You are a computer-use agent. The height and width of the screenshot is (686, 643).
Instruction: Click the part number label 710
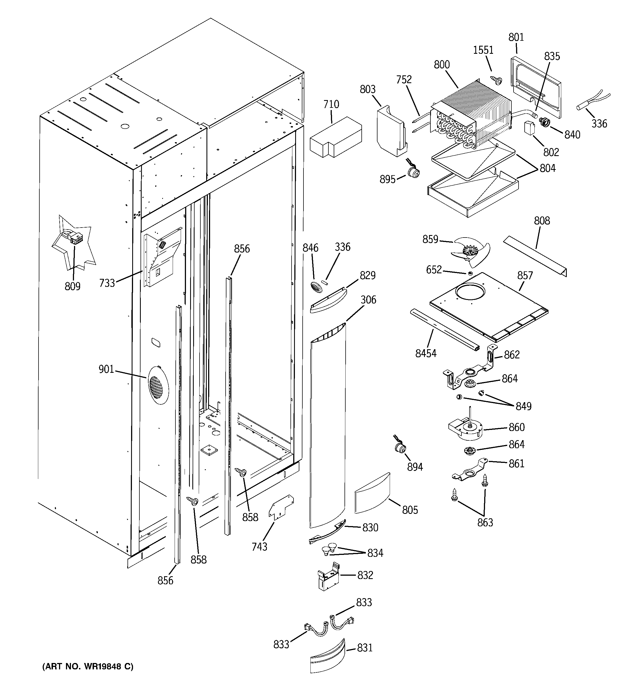tap(331, 104)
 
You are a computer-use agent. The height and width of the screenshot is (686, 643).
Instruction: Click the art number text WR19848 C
tap(87, 666)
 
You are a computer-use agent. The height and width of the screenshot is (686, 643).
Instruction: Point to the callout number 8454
tap(425, 353)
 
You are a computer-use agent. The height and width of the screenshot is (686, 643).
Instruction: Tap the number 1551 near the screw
tap(483, 50)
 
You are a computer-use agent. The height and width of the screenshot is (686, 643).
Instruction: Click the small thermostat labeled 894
tap(400, 448)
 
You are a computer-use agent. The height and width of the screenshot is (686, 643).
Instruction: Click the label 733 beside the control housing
tap(107, 283)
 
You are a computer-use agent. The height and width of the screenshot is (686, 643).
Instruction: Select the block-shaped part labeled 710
tap(335, 137)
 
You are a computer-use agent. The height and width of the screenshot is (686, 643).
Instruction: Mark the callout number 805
tap(410, 510)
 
